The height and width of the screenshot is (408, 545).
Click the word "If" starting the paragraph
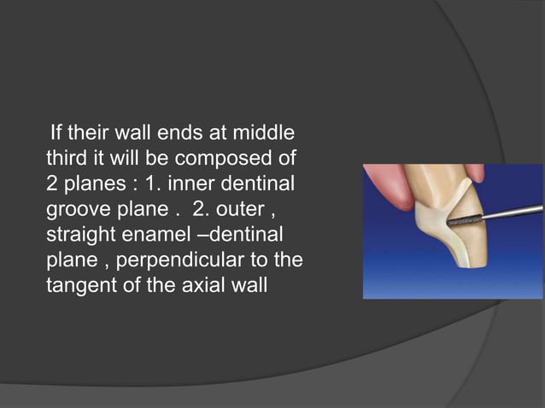click(x=57, y=134)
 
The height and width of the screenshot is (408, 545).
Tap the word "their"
click(x=91, y=134)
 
